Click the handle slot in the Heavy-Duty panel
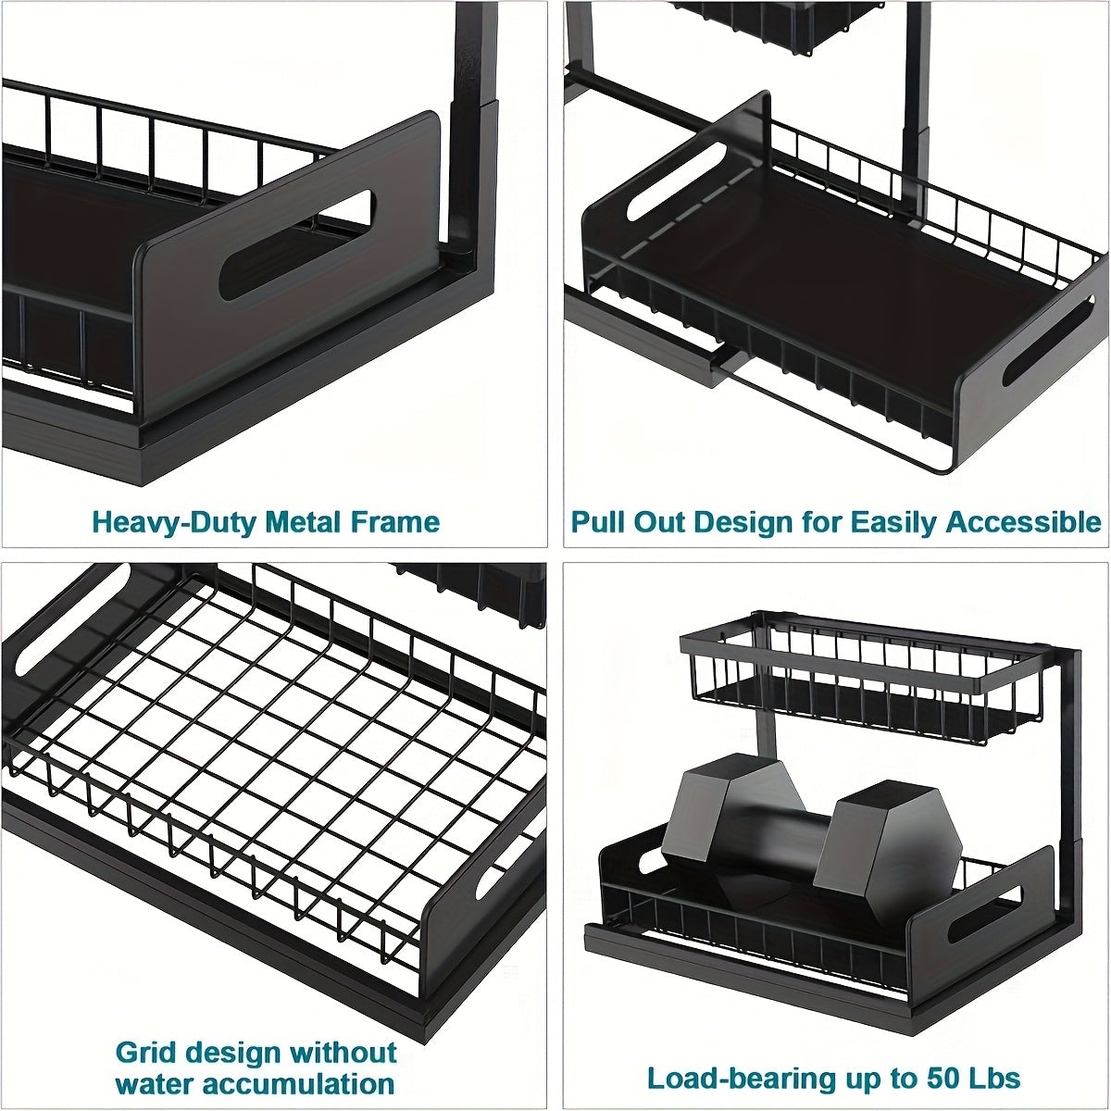(294, 245)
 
